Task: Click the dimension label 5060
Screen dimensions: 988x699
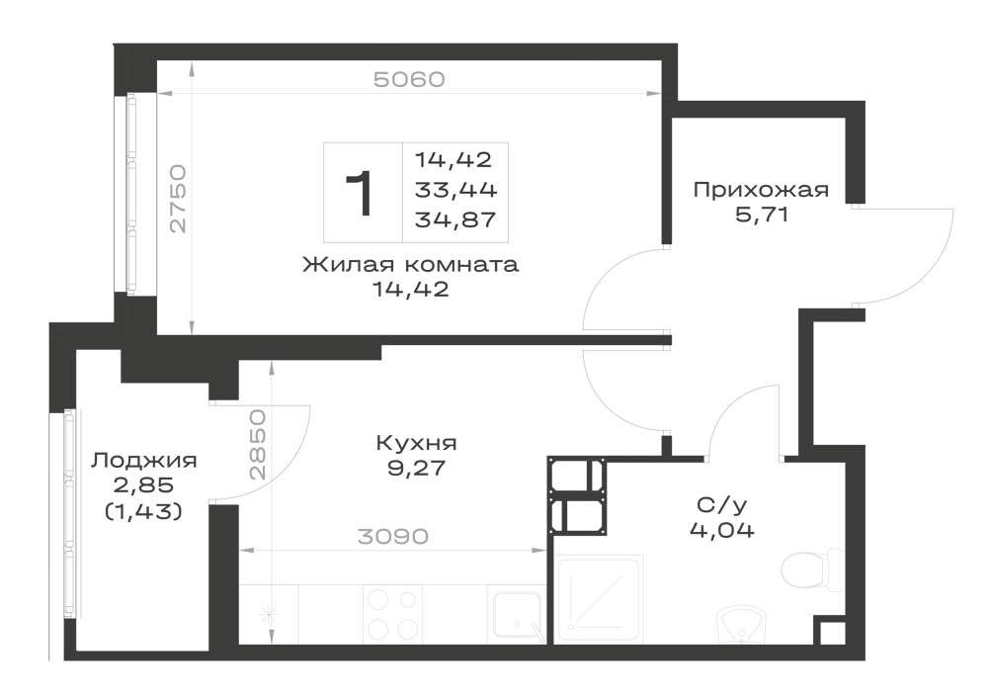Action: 409,79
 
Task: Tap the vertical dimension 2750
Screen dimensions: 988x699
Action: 178,199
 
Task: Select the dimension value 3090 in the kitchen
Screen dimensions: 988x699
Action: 392,537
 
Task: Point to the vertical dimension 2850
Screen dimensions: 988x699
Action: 257,445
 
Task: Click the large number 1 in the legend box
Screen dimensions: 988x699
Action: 361,194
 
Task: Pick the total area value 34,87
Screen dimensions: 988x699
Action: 455,219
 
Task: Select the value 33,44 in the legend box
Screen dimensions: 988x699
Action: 455,189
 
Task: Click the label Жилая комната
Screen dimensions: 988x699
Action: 411,264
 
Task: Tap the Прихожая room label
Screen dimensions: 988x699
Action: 761,190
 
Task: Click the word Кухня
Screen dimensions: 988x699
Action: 417,443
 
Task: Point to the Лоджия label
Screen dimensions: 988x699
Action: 143,461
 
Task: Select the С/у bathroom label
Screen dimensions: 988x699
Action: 721,504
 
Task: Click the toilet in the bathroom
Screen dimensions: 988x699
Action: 812,571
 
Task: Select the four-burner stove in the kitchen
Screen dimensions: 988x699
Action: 392,614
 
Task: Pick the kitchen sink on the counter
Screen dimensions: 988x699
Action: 517,615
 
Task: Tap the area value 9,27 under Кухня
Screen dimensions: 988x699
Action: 417,469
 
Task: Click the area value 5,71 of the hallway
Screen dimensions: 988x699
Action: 761,215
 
